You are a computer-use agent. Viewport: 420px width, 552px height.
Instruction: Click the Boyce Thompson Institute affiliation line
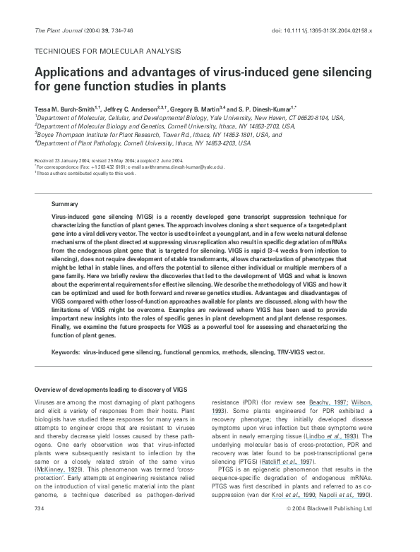pyautogui.click(x=158, y=134)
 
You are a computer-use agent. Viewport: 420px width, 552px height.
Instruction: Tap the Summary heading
pyautogui.click(x=64, y=203)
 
